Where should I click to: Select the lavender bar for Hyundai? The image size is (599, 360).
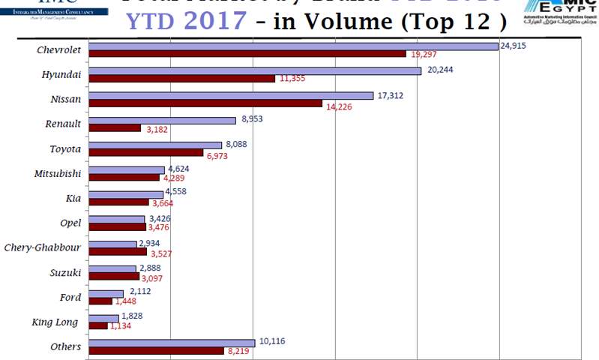(x=255, y=71)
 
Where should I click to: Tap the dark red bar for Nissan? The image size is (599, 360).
(x=205, y=103)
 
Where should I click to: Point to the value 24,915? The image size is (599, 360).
(x=516, y=46)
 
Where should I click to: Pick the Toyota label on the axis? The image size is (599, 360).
(x=64, y=148)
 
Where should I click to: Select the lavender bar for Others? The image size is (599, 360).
(x=172, y=343)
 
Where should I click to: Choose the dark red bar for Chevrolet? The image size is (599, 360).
(x=247, y=54)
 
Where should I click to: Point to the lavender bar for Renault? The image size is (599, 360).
(x=162, y=120)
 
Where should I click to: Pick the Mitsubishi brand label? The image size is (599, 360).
(x=58, y=173)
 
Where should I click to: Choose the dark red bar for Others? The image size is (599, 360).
(x=156, y=351)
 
